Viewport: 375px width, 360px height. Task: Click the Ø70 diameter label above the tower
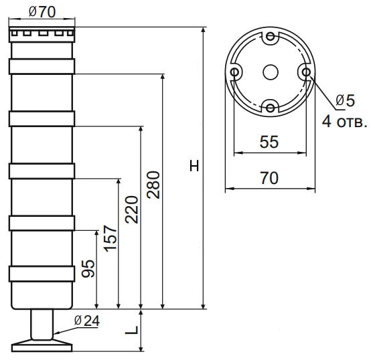point(42,12)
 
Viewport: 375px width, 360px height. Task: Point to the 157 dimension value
point(110,240)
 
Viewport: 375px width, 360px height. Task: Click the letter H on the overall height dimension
point(194,165)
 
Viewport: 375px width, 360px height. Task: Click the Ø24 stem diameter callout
point(87,321)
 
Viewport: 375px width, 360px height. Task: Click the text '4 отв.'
point(344,122)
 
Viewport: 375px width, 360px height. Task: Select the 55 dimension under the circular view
point(269,142)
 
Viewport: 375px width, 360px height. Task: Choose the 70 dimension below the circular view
point(269,178)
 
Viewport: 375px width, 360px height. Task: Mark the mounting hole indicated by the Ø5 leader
point(305,72)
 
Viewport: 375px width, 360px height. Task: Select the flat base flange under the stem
point(42,346)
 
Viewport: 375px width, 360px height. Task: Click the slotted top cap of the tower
point(42,34)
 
